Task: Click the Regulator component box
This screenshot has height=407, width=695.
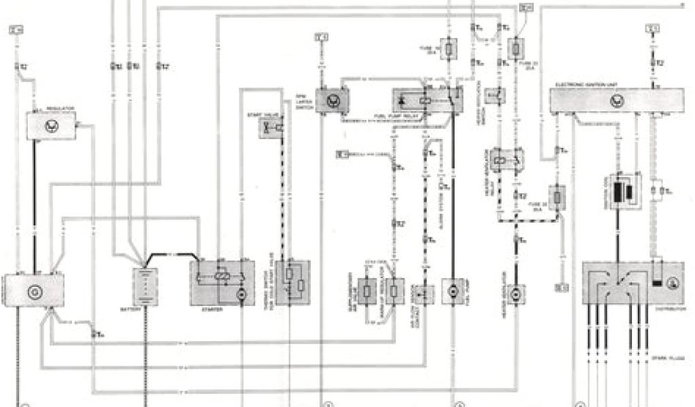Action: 51,125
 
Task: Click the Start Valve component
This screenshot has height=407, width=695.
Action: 273,128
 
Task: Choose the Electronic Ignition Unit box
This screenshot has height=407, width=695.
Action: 615,100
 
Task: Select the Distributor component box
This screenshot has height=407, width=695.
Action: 632,284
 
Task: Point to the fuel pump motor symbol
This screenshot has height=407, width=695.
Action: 452,291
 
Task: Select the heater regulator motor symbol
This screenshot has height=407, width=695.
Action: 516,293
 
